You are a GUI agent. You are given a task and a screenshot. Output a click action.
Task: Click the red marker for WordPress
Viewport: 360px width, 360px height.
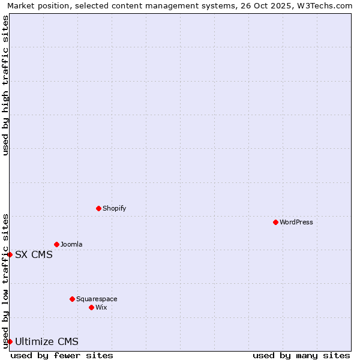coord(275,222)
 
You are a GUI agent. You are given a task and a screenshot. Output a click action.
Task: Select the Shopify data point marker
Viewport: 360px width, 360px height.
coord(98,208)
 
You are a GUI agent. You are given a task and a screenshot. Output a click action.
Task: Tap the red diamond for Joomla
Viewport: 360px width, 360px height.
coord(56,244)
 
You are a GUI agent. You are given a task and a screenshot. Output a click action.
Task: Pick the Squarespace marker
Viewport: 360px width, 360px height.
coord(72,299)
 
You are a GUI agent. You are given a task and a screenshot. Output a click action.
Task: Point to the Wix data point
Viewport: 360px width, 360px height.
coord(91,307)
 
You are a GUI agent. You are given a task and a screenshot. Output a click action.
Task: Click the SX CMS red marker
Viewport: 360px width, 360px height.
coord(10,254)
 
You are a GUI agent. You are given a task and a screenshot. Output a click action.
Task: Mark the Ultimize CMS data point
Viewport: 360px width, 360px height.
coord(10,341)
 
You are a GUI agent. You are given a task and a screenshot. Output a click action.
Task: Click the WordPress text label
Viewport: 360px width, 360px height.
coord(296,222)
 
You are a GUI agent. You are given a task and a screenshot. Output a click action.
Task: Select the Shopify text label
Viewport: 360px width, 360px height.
coord(114,208)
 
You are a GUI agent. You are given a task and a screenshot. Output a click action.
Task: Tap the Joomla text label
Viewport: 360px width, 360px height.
coord(71,244)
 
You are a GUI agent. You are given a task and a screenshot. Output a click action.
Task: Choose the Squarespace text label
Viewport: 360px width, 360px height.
coord(97,299)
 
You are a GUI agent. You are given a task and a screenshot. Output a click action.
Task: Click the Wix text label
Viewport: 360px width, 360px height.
coord(101,307)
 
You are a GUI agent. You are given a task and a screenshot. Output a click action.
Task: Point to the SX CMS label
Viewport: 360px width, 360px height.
coord(34,254)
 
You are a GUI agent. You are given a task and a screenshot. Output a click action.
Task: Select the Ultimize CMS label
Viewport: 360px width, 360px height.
coord(46,341)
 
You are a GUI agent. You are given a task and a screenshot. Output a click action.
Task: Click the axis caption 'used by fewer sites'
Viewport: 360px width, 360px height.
coord(62,355)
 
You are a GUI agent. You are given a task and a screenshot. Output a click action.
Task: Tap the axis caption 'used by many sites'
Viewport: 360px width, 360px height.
coord(301,355)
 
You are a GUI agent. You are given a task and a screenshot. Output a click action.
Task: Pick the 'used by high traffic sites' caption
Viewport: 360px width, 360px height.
coord(5,85)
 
